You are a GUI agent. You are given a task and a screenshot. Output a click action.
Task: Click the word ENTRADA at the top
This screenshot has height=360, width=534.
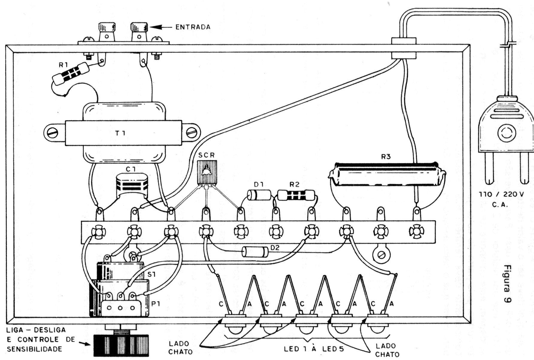click(193, 27)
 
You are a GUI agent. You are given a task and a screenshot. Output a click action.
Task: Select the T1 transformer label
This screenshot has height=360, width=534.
click(120, 133)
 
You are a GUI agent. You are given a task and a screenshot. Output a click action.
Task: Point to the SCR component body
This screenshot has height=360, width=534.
click(207, 172)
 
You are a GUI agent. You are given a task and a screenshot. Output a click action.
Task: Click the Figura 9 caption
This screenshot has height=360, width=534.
click(507, 284)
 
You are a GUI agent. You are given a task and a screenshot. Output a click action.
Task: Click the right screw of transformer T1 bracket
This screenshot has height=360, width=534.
click(191, 133)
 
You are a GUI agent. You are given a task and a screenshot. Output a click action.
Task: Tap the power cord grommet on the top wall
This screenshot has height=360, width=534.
click(404, 48)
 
